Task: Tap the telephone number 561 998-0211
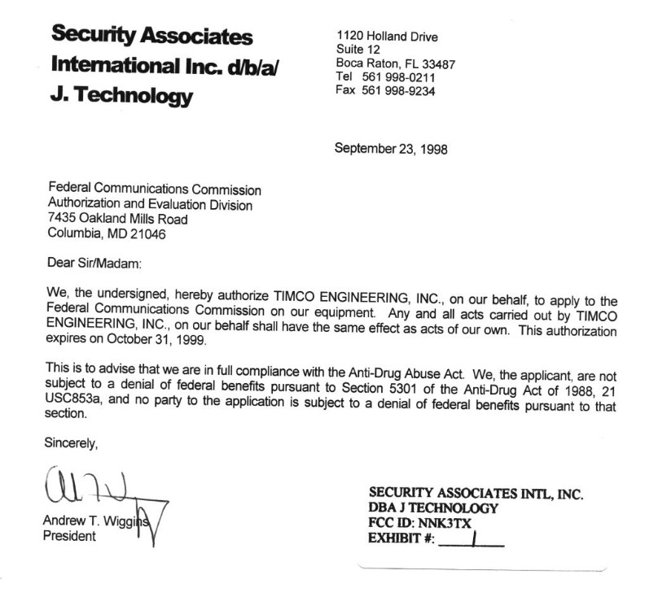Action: coord(397,78)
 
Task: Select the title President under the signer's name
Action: coord(68,537)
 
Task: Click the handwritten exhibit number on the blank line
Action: coord(472,538)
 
